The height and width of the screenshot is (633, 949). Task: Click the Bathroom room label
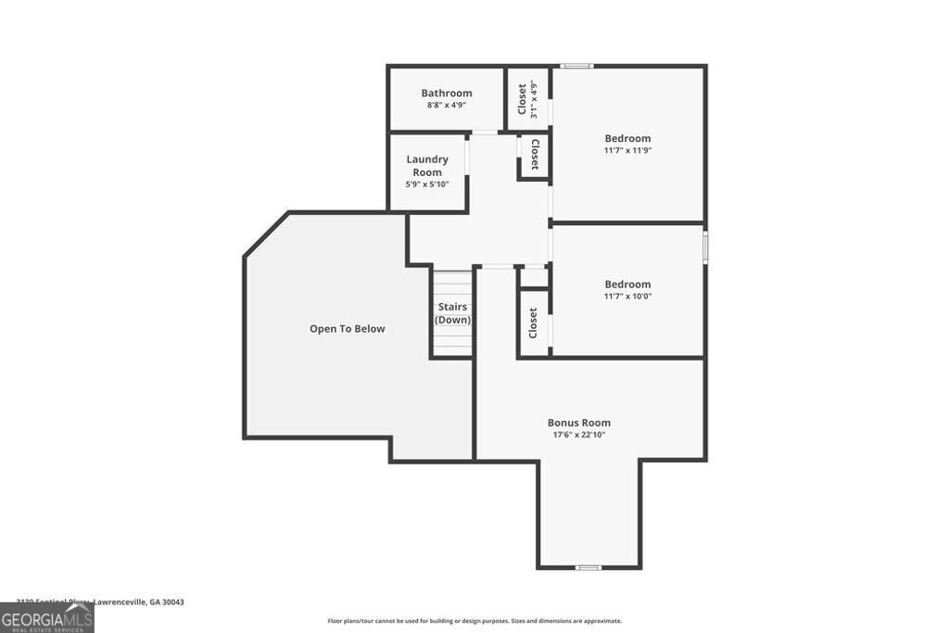coord(446,93)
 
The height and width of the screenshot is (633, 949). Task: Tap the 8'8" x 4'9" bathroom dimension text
coord(446,105)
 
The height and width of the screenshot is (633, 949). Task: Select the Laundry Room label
coord(427,166)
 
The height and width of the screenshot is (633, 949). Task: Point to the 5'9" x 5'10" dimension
coord(427,184)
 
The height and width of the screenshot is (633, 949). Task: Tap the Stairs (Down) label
coord(452,313)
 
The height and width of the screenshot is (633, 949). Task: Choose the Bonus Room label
coord(578,423)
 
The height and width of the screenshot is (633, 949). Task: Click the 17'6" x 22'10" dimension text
coord(578,435)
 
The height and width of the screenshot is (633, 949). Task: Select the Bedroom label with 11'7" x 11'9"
coord(627,138)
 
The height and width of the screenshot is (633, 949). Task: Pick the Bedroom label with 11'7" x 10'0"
coord(627,285)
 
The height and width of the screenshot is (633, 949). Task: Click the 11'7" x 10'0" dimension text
coord(627,297)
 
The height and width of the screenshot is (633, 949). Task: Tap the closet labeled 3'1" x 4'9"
coord(527,99)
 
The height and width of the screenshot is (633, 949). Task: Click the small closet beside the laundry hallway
coord(535,156)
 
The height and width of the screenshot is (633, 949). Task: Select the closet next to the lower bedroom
coord(533,323)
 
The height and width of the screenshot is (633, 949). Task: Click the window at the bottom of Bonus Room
coord(588,567)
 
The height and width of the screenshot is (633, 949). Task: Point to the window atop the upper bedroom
coord(576,66)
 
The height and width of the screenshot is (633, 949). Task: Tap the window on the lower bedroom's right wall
coord(705,248)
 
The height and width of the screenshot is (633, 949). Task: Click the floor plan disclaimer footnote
coord(474,621)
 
